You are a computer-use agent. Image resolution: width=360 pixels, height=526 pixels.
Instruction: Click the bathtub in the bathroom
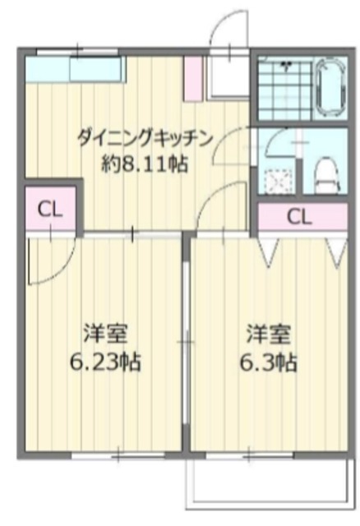332,88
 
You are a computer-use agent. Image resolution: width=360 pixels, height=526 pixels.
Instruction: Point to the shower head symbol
288,63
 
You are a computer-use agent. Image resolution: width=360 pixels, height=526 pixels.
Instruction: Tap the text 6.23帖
104,362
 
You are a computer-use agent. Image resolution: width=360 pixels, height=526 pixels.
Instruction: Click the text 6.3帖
268,362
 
